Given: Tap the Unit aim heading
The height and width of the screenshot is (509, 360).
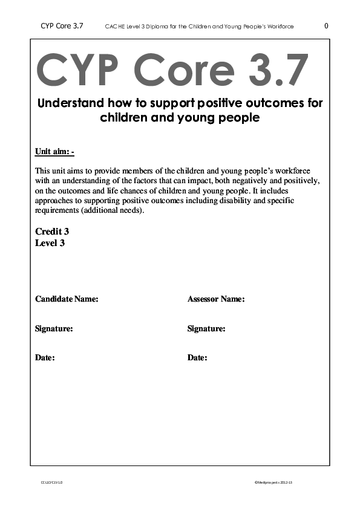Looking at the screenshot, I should (x=54, y=151).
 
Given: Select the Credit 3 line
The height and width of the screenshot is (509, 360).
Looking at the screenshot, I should (x=52, y=232).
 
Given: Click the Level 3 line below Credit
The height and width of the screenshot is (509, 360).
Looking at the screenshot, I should (x=50, y=243).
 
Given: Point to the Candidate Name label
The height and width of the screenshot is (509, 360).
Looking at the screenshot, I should (x=67, y=299).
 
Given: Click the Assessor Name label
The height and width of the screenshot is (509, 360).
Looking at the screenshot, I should (x=216, y=299).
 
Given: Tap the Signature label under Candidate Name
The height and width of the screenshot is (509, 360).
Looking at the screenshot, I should (x=54, y=329).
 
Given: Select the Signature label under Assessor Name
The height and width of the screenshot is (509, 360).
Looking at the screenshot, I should (x=206, y=329).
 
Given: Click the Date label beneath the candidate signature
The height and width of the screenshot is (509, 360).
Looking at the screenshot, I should (x=45, y=358).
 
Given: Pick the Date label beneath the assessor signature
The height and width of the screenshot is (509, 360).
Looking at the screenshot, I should (x=197, y=358).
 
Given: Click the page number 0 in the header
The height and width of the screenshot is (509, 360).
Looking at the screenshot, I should (x=327, y=26).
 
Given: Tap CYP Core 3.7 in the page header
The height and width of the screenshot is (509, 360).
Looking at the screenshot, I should (x=62, y=26).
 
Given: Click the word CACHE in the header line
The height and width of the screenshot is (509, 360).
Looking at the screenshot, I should (x=114, y=27).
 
